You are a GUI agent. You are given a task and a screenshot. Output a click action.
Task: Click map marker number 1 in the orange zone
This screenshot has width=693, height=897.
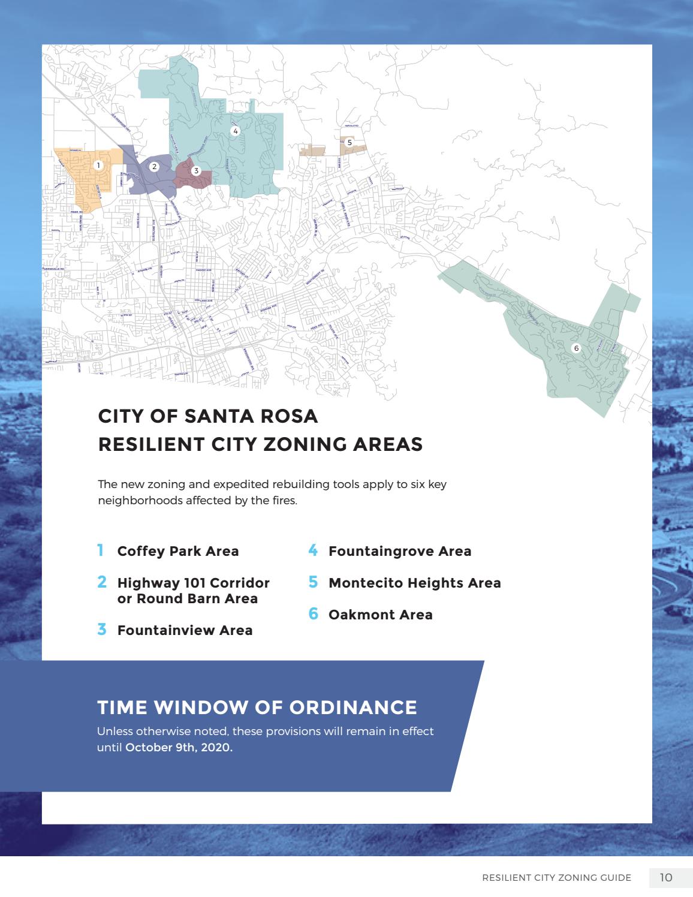(x=99, y=164)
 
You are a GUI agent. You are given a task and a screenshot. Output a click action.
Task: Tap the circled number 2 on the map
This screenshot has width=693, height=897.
(x=154, y=167)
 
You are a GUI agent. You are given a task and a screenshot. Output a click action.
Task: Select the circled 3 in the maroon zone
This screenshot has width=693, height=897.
(x=196, y=171)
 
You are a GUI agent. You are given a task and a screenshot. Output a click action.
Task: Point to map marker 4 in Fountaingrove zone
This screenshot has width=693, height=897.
(x=235, y=131)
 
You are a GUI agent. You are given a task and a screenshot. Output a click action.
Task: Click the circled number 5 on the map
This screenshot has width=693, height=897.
(x=349, y=143)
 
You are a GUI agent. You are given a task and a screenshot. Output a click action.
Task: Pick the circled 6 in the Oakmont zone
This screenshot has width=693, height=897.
(x=576, y=348)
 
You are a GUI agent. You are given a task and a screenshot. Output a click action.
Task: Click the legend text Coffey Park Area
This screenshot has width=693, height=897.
(x=178, y=551)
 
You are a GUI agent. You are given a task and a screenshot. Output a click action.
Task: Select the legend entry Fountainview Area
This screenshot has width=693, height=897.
(x=185, y=630)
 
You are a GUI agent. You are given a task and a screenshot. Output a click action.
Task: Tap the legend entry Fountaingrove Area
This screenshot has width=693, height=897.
(x=400, y=551)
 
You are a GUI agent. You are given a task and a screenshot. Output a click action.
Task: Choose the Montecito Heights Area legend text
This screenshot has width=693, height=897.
(x=414, y=583)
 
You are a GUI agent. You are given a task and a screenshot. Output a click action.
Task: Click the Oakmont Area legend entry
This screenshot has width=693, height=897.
(x=380, y=615)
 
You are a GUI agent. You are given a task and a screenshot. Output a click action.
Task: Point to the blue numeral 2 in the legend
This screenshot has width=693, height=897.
(x=102, y=582)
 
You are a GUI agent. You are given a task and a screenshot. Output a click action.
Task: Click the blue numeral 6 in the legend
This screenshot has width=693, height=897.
(x=313, y=614)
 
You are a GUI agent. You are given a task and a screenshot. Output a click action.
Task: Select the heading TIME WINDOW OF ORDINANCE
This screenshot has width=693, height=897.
(x=257, y=707)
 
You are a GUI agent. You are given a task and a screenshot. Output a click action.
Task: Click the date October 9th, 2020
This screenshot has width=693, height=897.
(x=178, y=748)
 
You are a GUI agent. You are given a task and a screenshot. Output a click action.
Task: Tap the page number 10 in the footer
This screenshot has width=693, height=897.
(x=666, y=878)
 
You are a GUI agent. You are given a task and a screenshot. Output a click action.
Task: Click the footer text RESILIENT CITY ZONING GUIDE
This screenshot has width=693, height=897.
(x=556, y=878)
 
